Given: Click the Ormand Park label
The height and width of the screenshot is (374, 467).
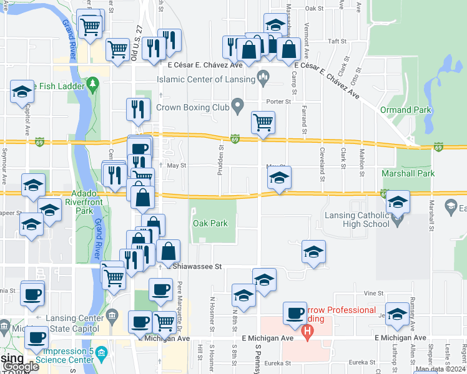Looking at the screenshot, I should [x=405, y=110].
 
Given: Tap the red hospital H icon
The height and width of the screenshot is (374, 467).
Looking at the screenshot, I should [x=307, y=333].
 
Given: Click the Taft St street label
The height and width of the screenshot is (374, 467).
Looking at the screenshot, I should [x=337, y=41].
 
